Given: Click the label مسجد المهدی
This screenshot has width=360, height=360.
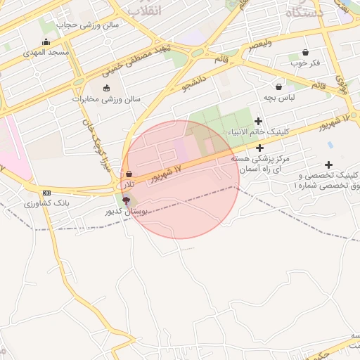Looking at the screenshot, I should click(x=46, y=53).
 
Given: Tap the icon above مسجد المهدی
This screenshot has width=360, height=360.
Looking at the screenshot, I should click(x=46, y=41).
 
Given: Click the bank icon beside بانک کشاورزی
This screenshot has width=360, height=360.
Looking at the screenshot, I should click(x=46, y=193).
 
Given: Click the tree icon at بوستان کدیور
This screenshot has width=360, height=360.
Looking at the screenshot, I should click(x=126, y=201).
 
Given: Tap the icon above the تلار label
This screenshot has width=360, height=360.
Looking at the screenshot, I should click(x=129, y=174).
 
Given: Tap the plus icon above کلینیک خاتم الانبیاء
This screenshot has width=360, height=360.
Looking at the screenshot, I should click(x=259, y=122).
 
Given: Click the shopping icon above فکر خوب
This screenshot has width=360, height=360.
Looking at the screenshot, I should click(x=305, y=52).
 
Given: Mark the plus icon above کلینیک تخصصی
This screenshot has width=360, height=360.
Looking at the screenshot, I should click(x=328, y=165).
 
